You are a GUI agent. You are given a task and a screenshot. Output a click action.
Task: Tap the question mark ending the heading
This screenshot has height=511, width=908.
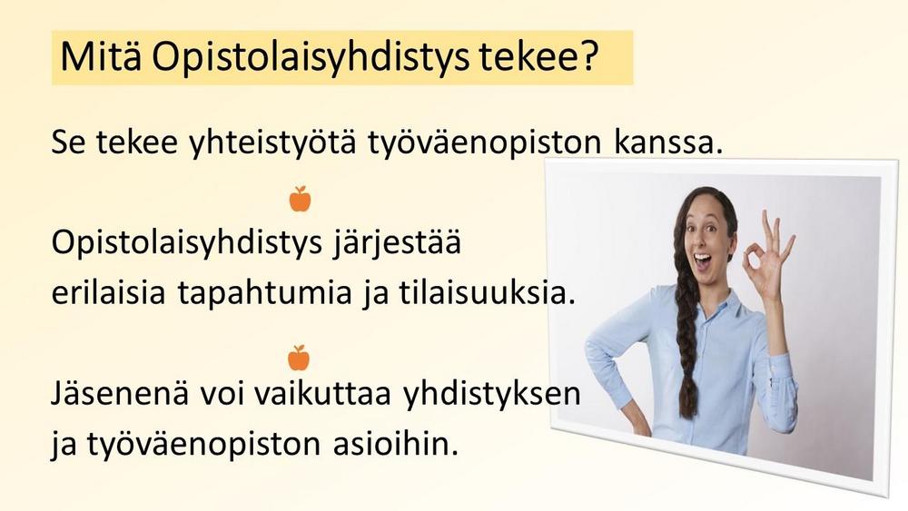coord(589,55)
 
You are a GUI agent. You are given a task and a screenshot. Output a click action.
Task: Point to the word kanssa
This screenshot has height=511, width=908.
coord(668,142)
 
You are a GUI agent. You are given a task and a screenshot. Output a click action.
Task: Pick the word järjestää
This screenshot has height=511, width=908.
coord(397,243)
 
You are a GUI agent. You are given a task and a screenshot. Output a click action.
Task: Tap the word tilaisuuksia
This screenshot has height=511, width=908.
coord(488,292)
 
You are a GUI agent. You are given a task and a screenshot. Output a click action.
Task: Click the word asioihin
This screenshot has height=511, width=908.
coord(396,444)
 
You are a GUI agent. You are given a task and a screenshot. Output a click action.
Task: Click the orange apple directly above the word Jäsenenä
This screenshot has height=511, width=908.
coord(299,358)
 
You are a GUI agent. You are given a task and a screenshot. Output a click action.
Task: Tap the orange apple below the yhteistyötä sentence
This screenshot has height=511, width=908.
coord(300,199)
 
